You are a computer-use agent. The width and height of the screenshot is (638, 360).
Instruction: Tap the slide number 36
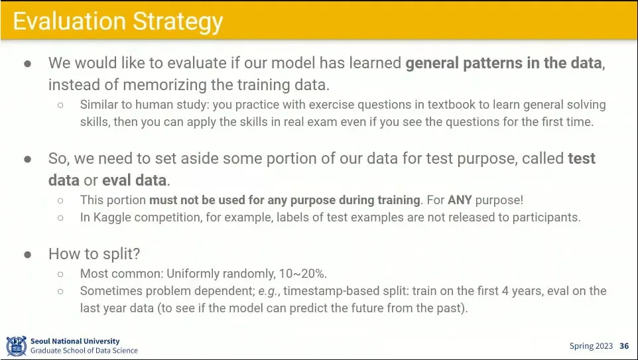(624, 346)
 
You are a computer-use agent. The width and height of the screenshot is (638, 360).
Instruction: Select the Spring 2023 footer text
(591, 346)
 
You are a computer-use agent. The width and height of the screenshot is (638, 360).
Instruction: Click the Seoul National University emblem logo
(17, 346)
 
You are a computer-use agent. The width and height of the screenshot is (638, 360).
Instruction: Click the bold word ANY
(460, 200)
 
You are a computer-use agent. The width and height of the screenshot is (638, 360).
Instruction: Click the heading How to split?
(94, 254)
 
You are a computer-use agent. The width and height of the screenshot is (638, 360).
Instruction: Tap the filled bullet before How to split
(28, 255)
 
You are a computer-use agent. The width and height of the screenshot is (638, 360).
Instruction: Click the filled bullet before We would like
(28, 64)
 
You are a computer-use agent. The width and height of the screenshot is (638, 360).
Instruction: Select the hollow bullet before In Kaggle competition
(60, 217)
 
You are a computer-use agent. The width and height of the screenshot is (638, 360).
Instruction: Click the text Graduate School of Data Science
(84, 350)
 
